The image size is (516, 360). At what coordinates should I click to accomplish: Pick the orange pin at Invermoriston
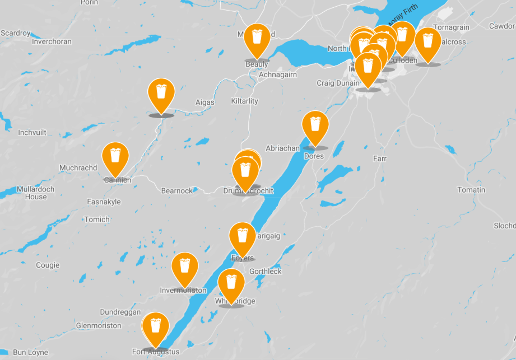coord(185,268)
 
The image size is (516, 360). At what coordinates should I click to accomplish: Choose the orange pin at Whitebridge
coord(231,284)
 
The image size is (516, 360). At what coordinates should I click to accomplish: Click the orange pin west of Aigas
coord(161,94)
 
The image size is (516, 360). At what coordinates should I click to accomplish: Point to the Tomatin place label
coord(471,190)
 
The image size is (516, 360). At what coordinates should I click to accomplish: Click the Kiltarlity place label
coord(245,101)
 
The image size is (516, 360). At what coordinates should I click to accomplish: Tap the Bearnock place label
coord(176,190)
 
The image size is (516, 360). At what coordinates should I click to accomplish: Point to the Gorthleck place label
coord(266,272)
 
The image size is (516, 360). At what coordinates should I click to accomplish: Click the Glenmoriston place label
coord(99,325)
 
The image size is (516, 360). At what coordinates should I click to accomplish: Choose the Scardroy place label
coord(16,33)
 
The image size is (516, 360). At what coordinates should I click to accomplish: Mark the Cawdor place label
coord(501,26)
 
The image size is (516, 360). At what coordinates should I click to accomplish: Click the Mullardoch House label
coord(36,193)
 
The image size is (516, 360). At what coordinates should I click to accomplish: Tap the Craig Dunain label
coord(338,83)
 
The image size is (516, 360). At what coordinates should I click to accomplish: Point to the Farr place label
coord(380,159)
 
